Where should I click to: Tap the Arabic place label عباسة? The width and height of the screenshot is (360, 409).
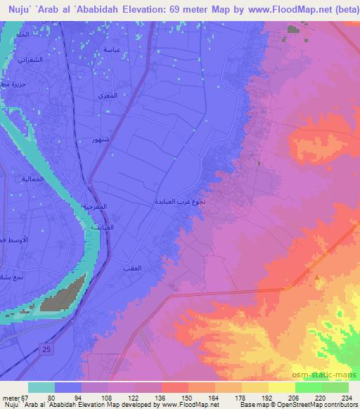(111, 49)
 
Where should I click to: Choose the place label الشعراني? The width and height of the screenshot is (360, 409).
(32, 60)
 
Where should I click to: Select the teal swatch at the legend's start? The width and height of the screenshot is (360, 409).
(41, 387)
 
